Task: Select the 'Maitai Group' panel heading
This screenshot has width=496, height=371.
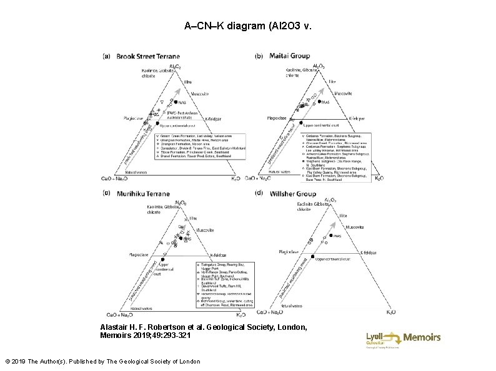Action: (289, 55)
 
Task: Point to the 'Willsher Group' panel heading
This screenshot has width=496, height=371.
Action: (293, 194)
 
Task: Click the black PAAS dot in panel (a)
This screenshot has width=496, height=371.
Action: (173, 102)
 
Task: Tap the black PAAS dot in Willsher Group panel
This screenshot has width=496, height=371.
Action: (327, 236)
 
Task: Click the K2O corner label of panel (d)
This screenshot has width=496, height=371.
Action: (391, 312)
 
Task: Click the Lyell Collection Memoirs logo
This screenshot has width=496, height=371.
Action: (403, 338)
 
